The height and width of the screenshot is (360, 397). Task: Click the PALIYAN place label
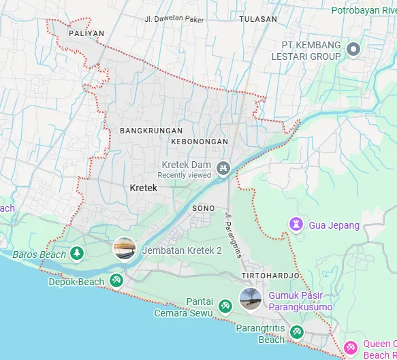pos(86,33)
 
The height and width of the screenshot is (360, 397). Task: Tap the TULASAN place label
pos(258,19)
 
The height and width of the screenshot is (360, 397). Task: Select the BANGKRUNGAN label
pos(150,130)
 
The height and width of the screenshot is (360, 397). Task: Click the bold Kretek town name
pos(143,187)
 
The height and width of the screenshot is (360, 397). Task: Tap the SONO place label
pos(204,208)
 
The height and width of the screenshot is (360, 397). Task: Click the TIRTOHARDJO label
pos(270,275)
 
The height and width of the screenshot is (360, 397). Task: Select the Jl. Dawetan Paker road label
pos(174,18)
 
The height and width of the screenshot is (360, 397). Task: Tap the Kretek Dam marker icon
pos(222,167)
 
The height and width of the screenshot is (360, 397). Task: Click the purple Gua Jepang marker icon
pos(296,225)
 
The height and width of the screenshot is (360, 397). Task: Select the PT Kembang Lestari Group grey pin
pos(353,49)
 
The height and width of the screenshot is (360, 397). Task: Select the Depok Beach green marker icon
pos(116,280)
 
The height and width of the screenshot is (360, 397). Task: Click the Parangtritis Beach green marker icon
pos(296,331)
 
